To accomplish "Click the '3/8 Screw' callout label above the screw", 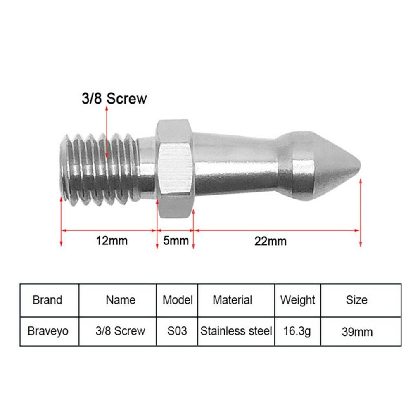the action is pos(114,99).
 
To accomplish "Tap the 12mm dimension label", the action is pos(112,241).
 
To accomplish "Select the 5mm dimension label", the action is pos(176,241).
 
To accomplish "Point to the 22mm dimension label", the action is pos(271,241).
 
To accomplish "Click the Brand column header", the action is pos(47,300).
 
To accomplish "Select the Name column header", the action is pos(121,300).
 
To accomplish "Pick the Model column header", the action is pos(178,300).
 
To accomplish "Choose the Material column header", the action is pos(233,300).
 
